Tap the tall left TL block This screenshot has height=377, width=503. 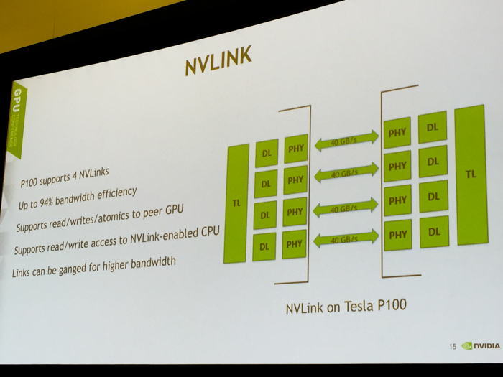236,203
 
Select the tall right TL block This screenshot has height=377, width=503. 471,174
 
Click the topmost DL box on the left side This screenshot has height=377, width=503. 266,153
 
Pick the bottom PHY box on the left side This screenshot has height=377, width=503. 295,244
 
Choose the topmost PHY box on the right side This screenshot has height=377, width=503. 397,133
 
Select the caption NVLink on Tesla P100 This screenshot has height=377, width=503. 346,307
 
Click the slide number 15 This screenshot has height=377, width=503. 453,347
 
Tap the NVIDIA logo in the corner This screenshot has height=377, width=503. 481,345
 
